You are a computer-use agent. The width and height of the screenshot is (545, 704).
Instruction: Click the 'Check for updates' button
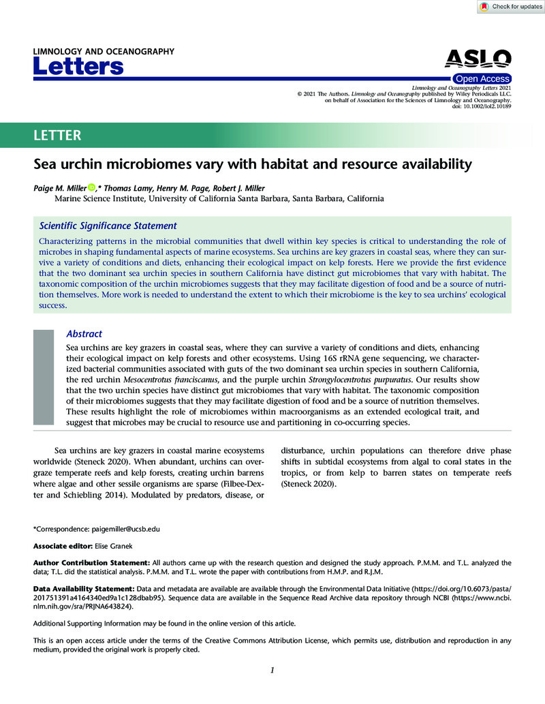(x=510, y=7)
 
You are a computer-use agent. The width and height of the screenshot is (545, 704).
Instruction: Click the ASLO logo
(x=478, y=59)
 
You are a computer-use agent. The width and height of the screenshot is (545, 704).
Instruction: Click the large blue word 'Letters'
(x=78, y=67)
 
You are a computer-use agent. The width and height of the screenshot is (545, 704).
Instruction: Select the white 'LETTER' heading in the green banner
(x=58, y=135)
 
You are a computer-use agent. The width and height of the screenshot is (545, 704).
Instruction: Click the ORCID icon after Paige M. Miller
(x=91, y=187)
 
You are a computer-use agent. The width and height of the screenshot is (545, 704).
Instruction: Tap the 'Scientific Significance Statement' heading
(x=108, y=226)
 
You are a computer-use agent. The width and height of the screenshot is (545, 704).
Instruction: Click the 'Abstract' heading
(x=84, y=334)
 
